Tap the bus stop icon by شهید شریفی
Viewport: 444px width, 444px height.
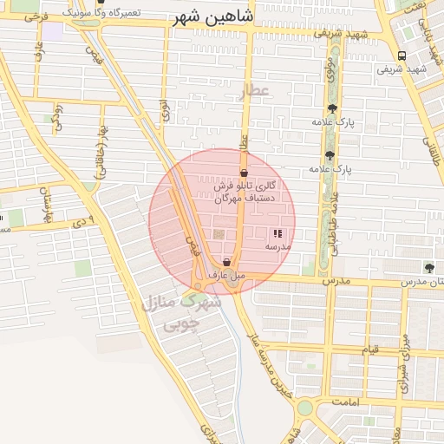pos(400,55)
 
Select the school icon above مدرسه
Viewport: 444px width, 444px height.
pos(277,233)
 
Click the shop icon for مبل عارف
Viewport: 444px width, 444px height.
pos(226,262)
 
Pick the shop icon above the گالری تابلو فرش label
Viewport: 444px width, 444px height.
pos(244,173)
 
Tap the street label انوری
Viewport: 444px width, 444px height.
pos(164,110)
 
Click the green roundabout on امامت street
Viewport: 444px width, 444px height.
pos(304,408)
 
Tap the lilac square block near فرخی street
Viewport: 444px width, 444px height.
pos(54,31)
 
